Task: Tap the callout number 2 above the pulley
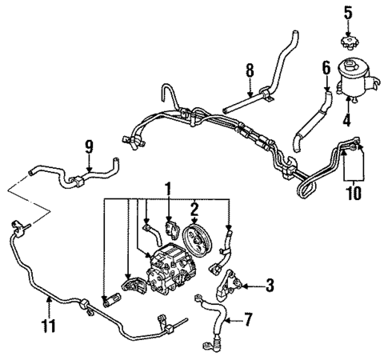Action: (193, 210)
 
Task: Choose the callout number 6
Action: (326, 70)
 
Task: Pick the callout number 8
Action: (250, 70)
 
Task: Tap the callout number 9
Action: (89, 146)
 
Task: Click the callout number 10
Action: (352, 193)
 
